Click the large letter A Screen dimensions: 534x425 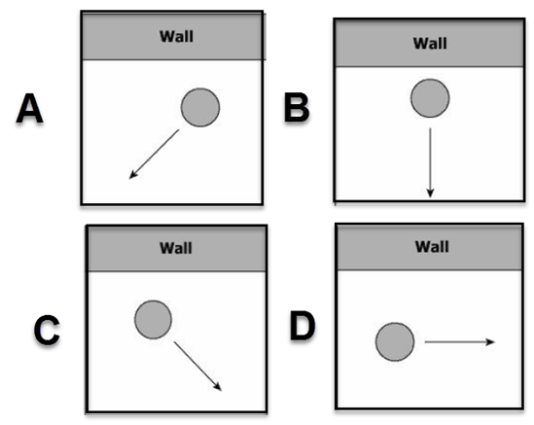pyautogui.click(x=29, y=108)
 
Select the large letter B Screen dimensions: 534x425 pyautogui.click(x=297, y=107)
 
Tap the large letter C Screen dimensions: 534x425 pyautogui.click(x=47, y=330)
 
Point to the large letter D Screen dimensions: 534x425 pyautogui.click(x=303, y=326)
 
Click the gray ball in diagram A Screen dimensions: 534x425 pyautogui.click(x=200, y=108)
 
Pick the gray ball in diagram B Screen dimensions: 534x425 pyautogui.click(x=430, y=98)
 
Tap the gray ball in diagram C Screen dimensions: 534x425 pyautogui.click(x=154, y=319)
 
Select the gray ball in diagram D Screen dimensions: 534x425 pyautogui.click(x=395, y=341)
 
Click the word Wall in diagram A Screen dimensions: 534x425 pyautogui.click(x=176, y=36)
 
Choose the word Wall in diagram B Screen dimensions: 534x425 pyautogui.click(x=430, y=43)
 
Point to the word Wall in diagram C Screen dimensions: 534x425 pyautogui.click(x=176, y=248)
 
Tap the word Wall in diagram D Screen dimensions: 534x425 pyautogui.click(x=432, y=247)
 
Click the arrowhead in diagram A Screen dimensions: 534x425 pyautogui.click(x=133, y=174)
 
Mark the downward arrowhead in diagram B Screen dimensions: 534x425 pyautogui.click(x=430, y=193)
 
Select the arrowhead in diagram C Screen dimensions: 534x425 pyautogui.click(x=217, y=386)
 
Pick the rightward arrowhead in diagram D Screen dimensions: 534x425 pyautogui.click(x=490, y=341)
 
